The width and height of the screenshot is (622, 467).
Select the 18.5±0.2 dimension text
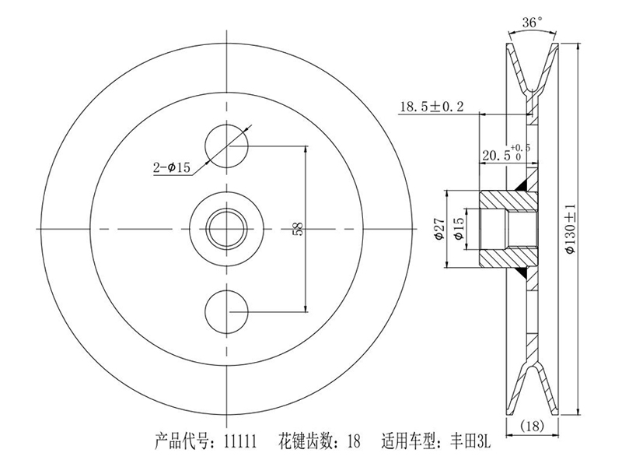click(432, 107)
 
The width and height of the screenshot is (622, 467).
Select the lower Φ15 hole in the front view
click(226, 311)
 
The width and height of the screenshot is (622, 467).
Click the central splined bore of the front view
click(226, 227)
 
